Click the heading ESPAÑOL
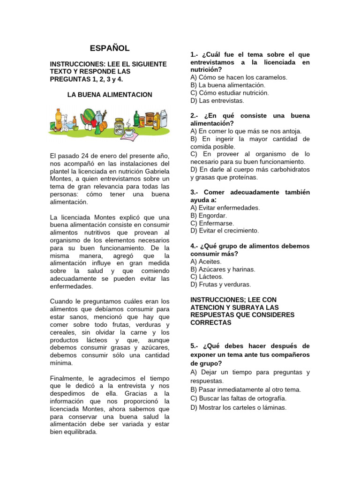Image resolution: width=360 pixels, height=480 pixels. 110,48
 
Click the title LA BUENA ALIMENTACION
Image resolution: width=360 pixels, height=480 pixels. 110,95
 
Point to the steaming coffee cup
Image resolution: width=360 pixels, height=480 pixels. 128,132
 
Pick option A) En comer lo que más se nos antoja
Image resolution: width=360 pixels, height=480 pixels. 246,131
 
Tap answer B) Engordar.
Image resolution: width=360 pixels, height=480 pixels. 209,216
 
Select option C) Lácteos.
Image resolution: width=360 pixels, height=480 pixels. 207,277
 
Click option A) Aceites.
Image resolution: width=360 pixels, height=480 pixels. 206,262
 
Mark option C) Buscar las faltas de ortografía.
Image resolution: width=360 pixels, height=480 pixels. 238,398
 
